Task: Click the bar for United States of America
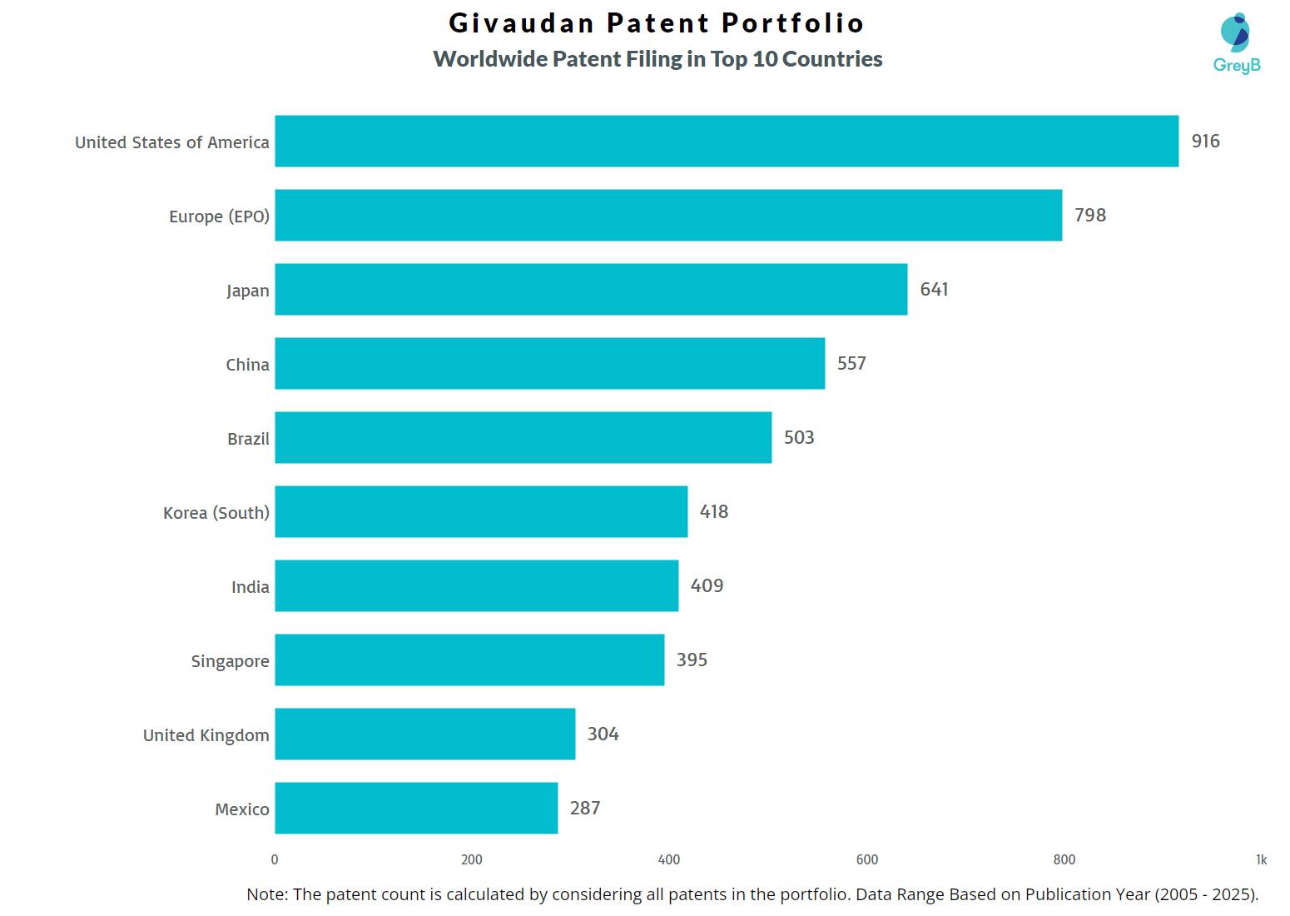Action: click(727, 142)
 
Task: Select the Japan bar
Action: click(591, 290)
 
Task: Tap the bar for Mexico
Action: click(416, 808)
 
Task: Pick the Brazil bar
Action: click(523, 437)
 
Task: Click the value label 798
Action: click(1090, 216)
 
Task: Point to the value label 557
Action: click(851, 364)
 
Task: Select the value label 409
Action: click(707, 586)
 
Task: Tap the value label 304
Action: click(603, 734)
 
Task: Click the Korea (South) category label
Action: click(216, 513)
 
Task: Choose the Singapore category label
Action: click(230, 661)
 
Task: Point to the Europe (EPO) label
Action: click(219, 217)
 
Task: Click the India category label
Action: click(250, 587)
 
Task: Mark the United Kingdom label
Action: click(206, 735)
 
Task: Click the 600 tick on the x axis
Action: click(866, 859)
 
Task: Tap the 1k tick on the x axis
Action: click(1261, 859)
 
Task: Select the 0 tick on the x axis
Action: click(275, 859)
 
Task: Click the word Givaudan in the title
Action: click(522, 23)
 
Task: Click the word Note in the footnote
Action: click(265, 894)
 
